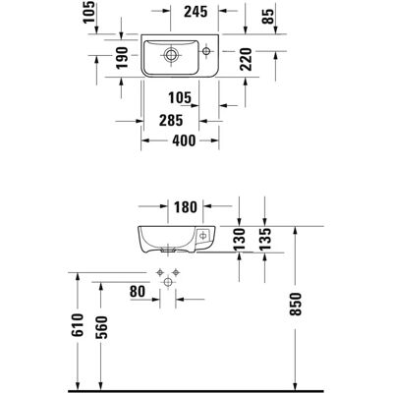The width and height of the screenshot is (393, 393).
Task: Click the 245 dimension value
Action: pyautogui.click(x=196, y=12)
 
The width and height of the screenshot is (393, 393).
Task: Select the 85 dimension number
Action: pyautogui.click(x=267, y=17)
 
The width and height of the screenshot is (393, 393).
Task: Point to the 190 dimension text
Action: pyautogui.click(x=122, y=58)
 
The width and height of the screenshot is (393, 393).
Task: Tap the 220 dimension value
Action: pyautogui.click(x=246, y=59)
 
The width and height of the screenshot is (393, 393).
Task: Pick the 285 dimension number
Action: pyautogui.click(x=171, y=121)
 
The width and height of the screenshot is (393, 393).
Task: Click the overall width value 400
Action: pyautogui.click(x=184, y=140)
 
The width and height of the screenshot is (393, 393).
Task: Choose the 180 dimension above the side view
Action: pyautogui.click(x=186, y=207)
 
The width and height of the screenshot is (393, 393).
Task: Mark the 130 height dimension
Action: pyautogui.click(x=240, y=239)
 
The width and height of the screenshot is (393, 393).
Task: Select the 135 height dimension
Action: pyautogui.click(x=265, y=239)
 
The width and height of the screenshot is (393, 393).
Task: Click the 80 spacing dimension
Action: pyautogui.click(x=138, y=292)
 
